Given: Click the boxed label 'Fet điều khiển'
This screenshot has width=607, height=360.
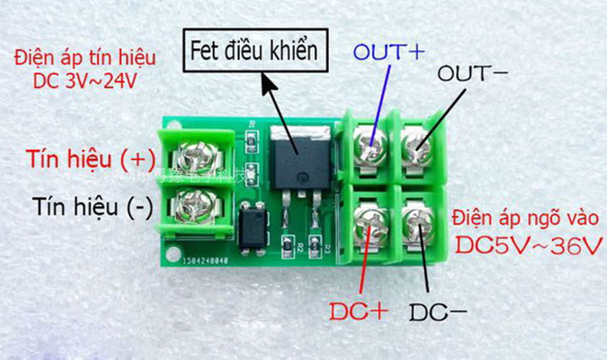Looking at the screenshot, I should click(253, 50).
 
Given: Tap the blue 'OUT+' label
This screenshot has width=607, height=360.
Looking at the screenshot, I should click(389, 52).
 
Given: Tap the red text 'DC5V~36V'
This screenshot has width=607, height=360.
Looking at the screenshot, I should click(528, 245).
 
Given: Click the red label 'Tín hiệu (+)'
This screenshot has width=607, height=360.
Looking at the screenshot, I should click(84, 158).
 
